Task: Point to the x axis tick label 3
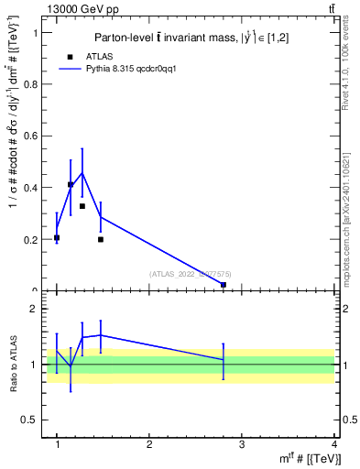click(242, 444)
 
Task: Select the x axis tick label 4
click(334, 444)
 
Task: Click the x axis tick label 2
click(149, 444)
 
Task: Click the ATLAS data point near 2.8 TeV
click(224, 285)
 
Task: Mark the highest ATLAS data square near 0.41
click(71, 185)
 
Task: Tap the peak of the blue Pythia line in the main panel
click(82, 172)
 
